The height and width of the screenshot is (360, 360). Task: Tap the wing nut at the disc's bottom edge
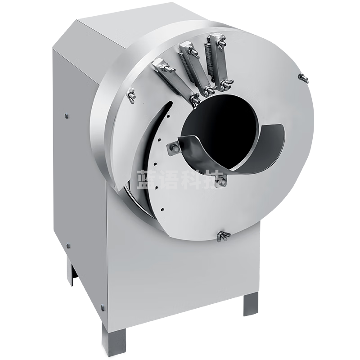pos(223,236)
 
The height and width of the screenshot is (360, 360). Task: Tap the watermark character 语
pos(168,180)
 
